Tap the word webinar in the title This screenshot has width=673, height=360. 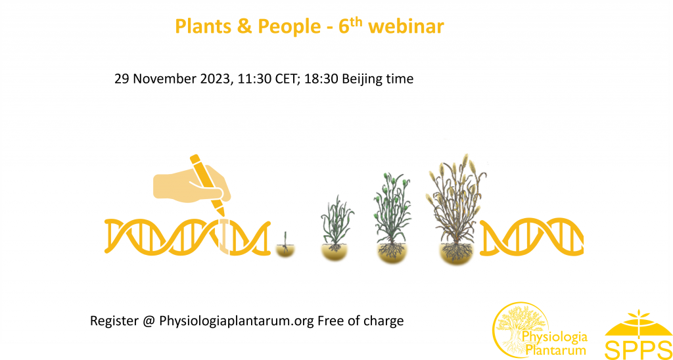point(406,26)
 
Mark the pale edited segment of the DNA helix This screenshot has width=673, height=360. point(225,236)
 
